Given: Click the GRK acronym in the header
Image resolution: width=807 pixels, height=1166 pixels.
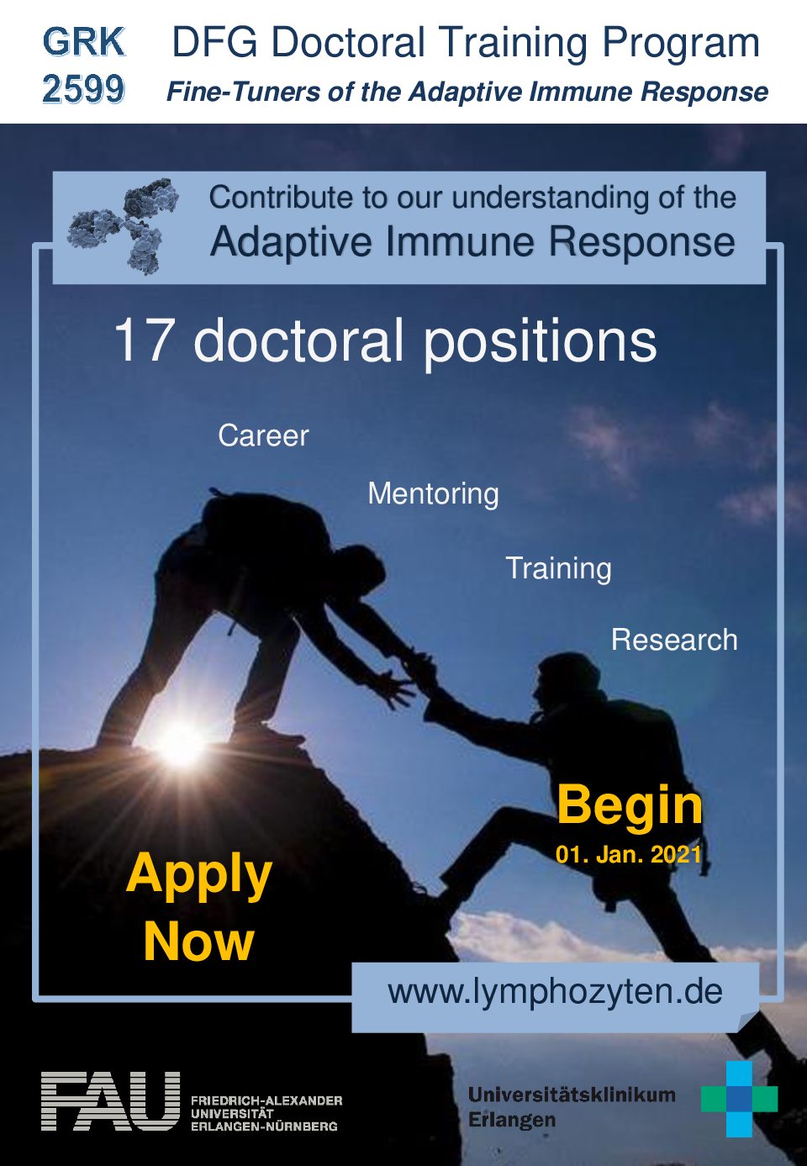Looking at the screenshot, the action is tap(84, 42).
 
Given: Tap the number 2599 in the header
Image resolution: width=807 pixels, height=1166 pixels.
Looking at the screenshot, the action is tap(84, 88).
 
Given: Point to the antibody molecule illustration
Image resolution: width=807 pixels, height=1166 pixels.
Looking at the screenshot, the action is tap(123, 225).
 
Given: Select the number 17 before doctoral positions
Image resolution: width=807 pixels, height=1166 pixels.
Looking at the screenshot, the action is tap(142, 340).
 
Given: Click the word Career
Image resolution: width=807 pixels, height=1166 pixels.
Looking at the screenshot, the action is tap(263, 435).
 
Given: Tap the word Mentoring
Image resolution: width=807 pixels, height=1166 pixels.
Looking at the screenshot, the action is tap(433, 493).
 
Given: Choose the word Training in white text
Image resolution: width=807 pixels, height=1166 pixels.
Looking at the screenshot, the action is tap(559, 568).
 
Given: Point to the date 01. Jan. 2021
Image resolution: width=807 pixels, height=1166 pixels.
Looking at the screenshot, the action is tap(629, 855).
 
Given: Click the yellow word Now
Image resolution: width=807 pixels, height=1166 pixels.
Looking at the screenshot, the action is tap(199, 942).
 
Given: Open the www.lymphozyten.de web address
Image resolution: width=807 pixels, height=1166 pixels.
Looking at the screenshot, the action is tap(555, 993).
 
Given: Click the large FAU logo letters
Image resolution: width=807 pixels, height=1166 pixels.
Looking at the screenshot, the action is tap(110, 1101).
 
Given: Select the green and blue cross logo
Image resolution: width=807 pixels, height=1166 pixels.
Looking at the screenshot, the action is tap(739, 1099).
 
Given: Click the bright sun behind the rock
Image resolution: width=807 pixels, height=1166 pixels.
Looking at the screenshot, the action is tap(180, 743).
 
